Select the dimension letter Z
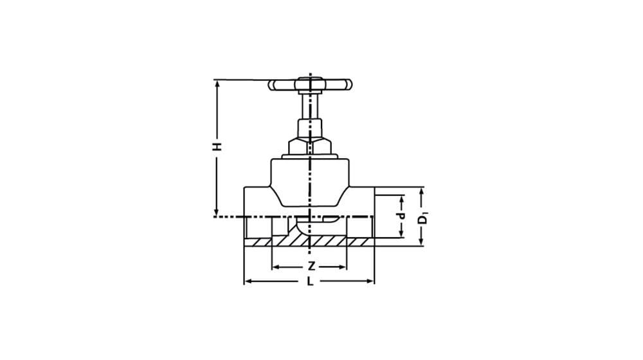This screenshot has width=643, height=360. [x=312, y=267]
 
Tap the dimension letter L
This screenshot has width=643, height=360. [x=311, y=282]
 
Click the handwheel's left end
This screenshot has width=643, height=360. [x=271, y=85]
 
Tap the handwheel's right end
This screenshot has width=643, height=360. [x=349, y=85]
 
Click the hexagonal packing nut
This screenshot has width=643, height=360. [x=310, y=147]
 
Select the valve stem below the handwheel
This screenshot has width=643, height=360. [x=310, y=107]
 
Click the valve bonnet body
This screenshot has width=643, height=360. [x=310, y=181]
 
